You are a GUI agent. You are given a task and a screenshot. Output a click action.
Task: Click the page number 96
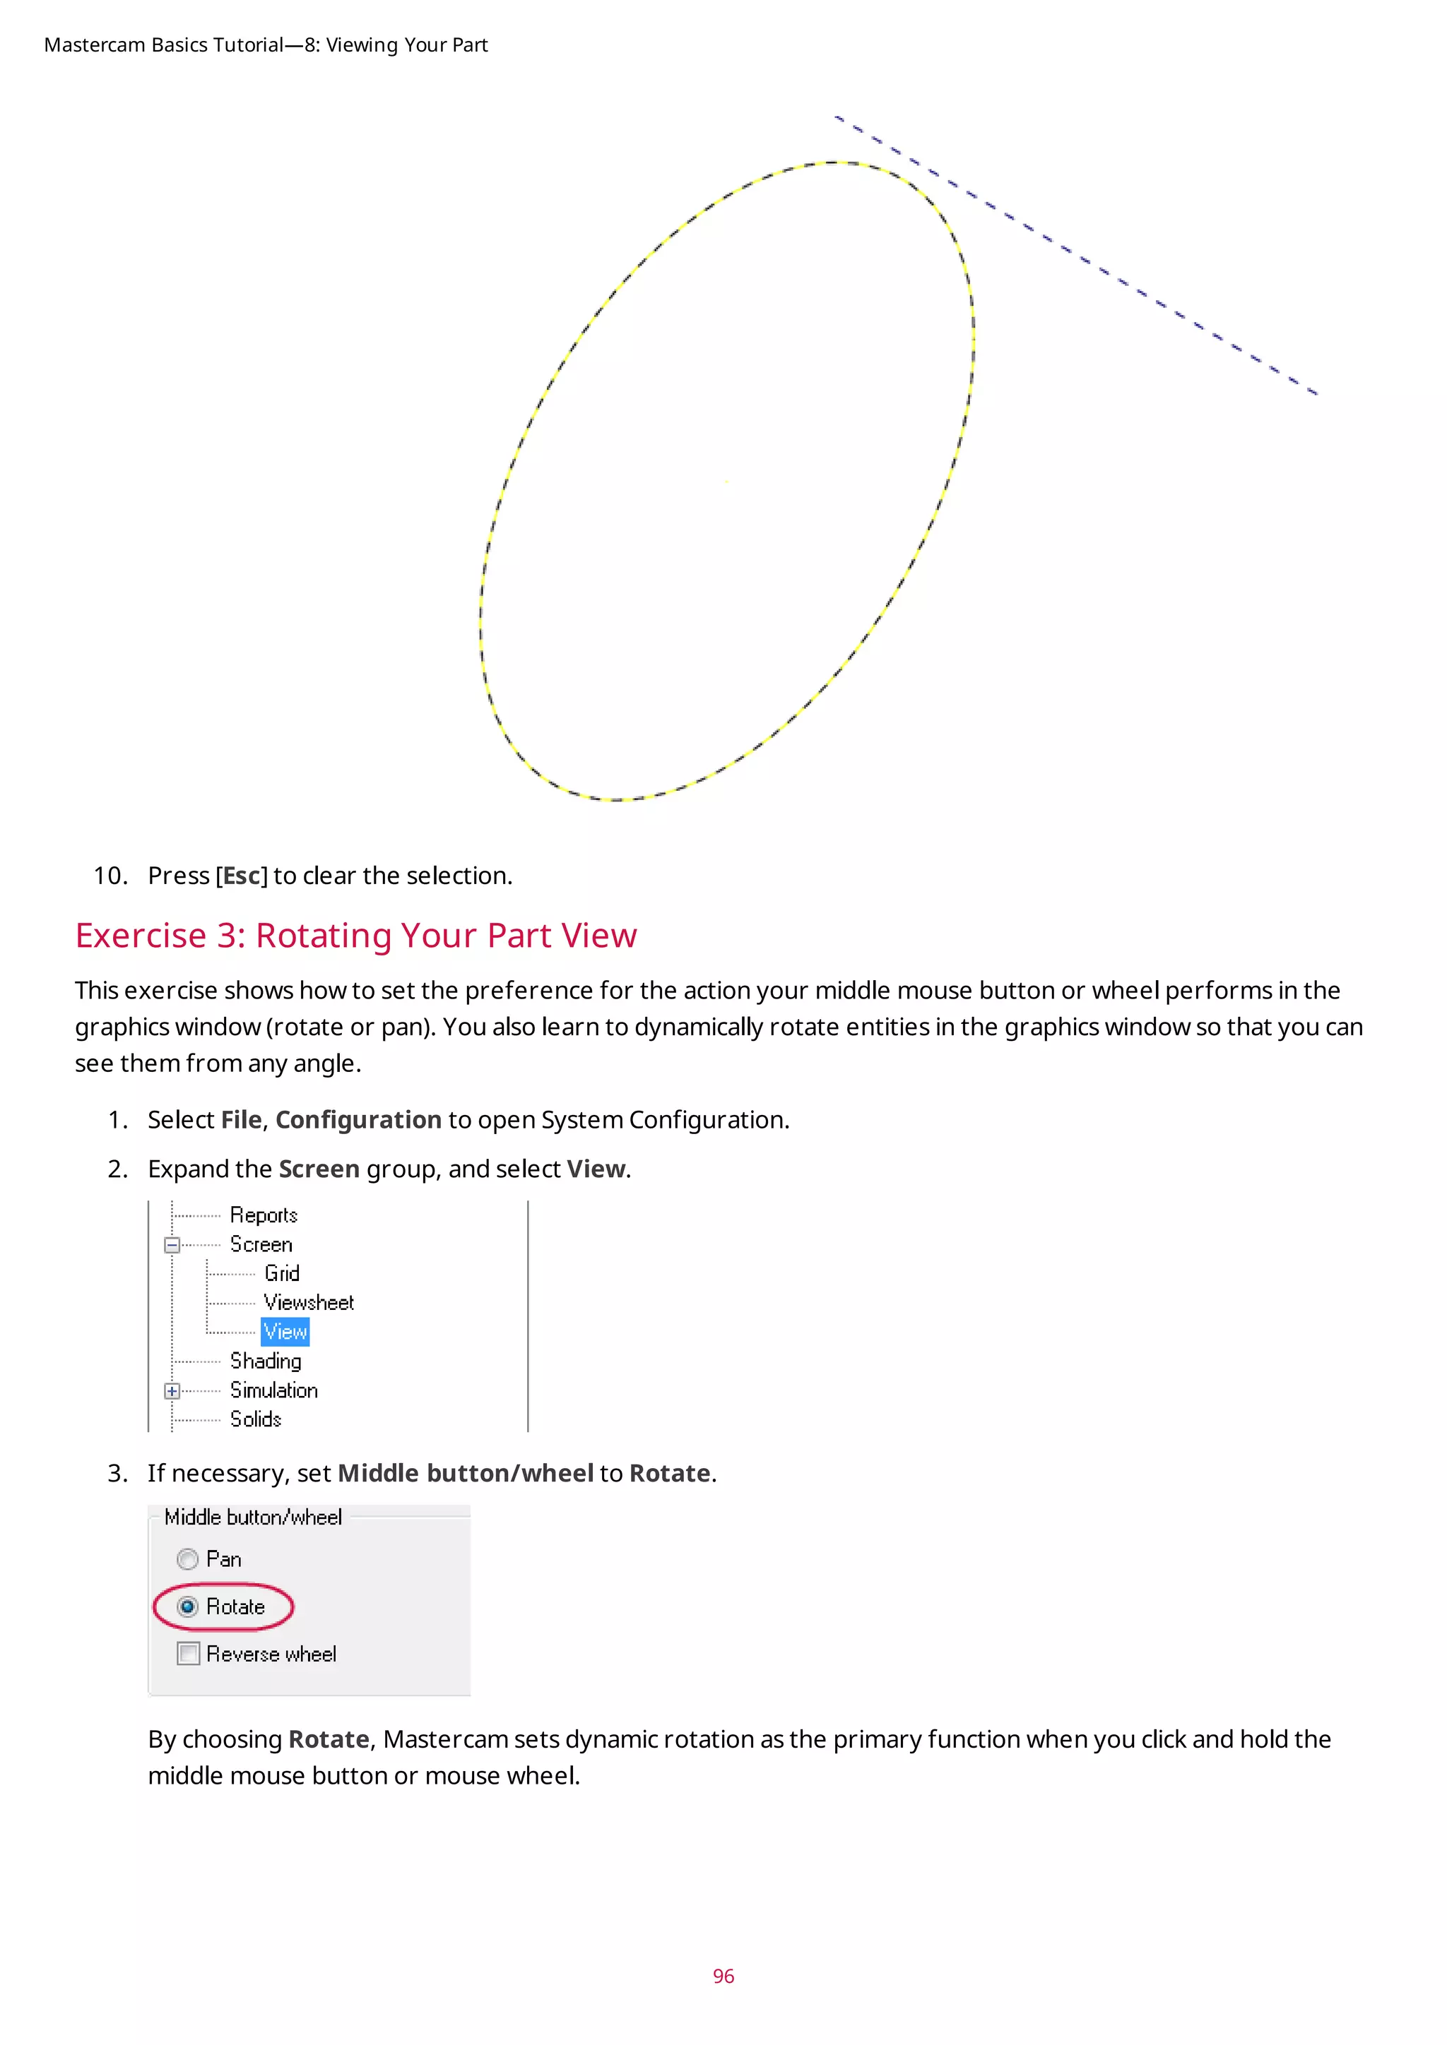click(x=723, y=1976)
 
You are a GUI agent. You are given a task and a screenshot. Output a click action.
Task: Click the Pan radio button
click(x=187, y=1558)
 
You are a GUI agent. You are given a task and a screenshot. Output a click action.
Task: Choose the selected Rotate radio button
click(x=187, y=1606)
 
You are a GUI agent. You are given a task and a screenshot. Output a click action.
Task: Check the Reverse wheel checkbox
click(x=188, y=1654)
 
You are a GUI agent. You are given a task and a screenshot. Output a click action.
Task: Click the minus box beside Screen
click(x=172, y=1245)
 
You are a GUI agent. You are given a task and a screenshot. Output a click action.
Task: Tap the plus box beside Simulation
click(x=172, y=1391)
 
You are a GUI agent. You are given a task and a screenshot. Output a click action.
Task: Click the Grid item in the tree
click(x=282, y=1274)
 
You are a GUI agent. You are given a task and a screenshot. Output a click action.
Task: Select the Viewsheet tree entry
click(x=308, y=1303)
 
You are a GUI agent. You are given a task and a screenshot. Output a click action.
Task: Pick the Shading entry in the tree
click(x=266, y=1361)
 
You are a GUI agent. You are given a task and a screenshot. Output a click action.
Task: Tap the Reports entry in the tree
click(x=263, y=1215)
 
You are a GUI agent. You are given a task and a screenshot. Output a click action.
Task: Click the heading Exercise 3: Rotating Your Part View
click(x=355, y=936)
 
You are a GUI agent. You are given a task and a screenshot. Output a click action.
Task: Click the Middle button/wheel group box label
click(x=253, y=1517)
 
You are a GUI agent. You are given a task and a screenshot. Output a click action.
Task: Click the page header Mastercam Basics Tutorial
click(x=164, y=45)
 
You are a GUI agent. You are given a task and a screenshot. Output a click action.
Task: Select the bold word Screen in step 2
click(x=319, y=1169)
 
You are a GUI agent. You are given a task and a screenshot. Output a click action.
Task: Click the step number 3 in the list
click(x=116, y=1473)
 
